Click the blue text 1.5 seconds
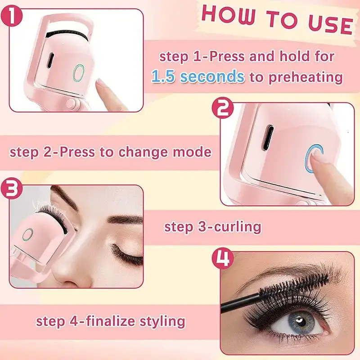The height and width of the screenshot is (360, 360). click(198, 76)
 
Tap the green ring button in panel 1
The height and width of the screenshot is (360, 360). click(79, 72)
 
